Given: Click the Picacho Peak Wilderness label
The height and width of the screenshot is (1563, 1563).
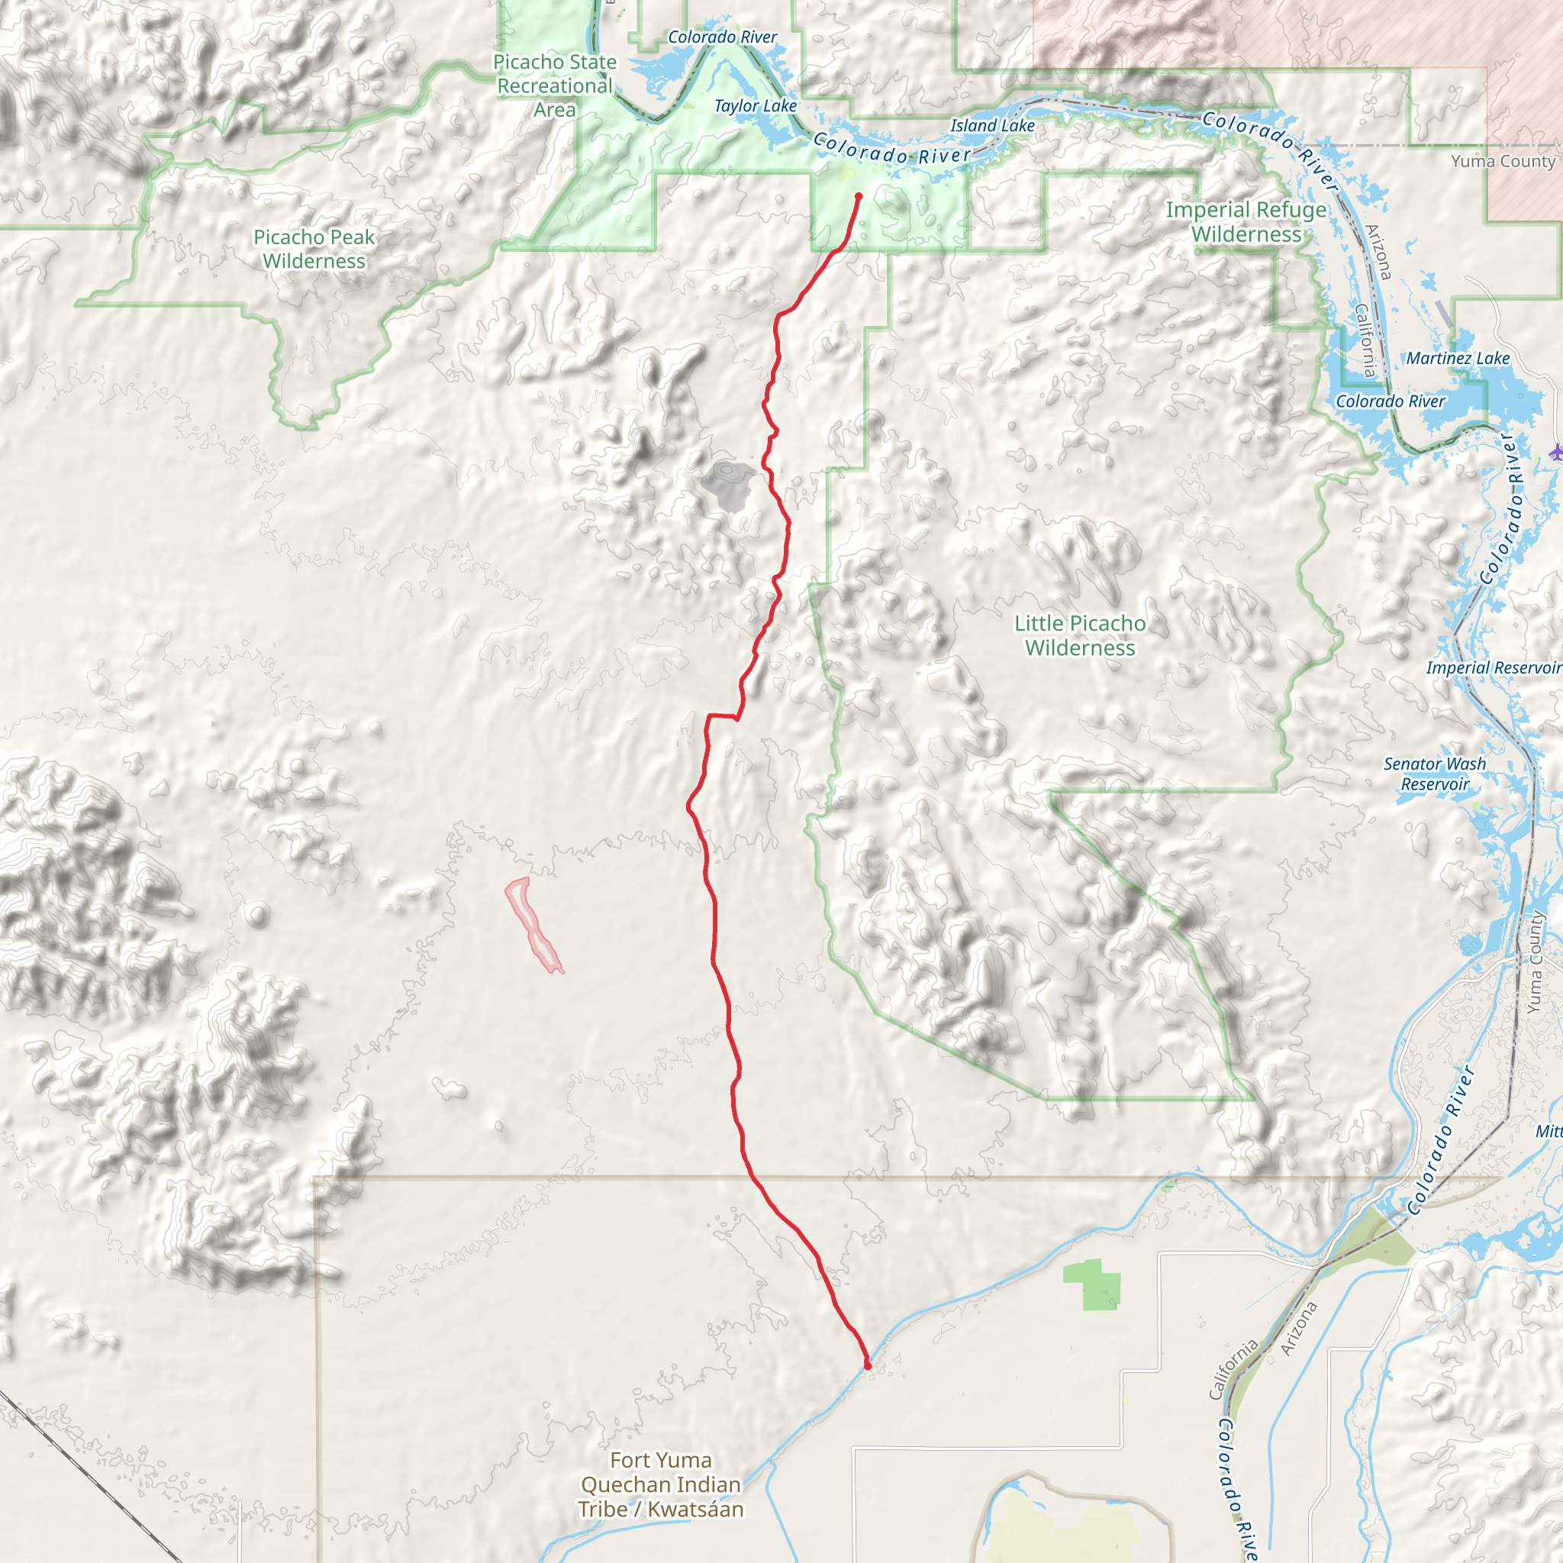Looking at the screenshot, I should [314, 249].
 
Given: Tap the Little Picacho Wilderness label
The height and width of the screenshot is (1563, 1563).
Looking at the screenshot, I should [1080, 635].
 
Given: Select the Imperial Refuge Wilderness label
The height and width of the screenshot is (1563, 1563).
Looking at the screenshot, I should [1246, 221].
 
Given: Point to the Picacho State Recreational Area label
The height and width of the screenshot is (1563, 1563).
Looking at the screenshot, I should [555, 85].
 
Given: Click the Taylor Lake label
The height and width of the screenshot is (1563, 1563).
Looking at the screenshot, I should [755, 106].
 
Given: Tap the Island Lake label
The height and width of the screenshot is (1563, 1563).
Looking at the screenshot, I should [992, 125].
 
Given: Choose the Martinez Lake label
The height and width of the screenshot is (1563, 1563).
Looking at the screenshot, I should [1458, 359].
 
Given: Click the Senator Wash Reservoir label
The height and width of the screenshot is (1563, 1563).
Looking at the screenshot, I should [1434, 773].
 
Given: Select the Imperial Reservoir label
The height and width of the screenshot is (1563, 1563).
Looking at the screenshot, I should [1494, 668].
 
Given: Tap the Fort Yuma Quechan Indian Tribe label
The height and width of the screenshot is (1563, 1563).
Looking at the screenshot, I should [660, 1484].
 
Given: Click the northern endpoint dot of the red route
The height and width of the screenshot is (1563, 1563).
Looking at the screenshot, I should [859, 196].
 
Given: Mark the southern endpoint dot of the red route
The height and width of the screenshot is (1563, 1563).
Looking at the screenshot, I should [867, 1365].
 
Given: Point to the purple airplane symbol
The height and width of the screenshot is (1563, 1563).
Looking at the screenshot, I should [1555, 453].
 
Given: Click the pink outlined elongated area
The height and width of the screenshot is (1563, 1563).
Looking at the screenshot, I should [533, 926].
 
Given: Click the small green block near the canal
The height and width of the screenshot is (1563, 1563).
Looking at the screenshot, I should [1093, 1284].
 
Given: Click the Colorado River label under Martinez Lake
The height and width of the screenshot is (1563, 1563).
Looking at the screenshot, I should [1390, 401].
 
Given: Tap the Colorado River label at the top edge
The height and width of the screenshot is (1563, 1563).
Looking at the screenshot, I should [723, 37].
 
